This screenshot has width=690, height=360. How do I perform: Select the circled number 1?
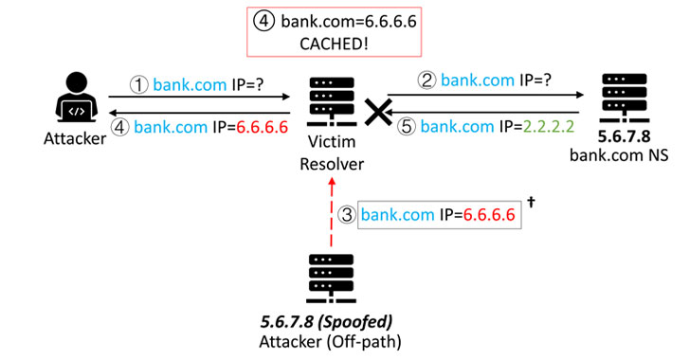coord(139,82)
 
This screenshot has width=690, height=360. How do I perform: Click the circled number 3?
coord(348,215)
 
